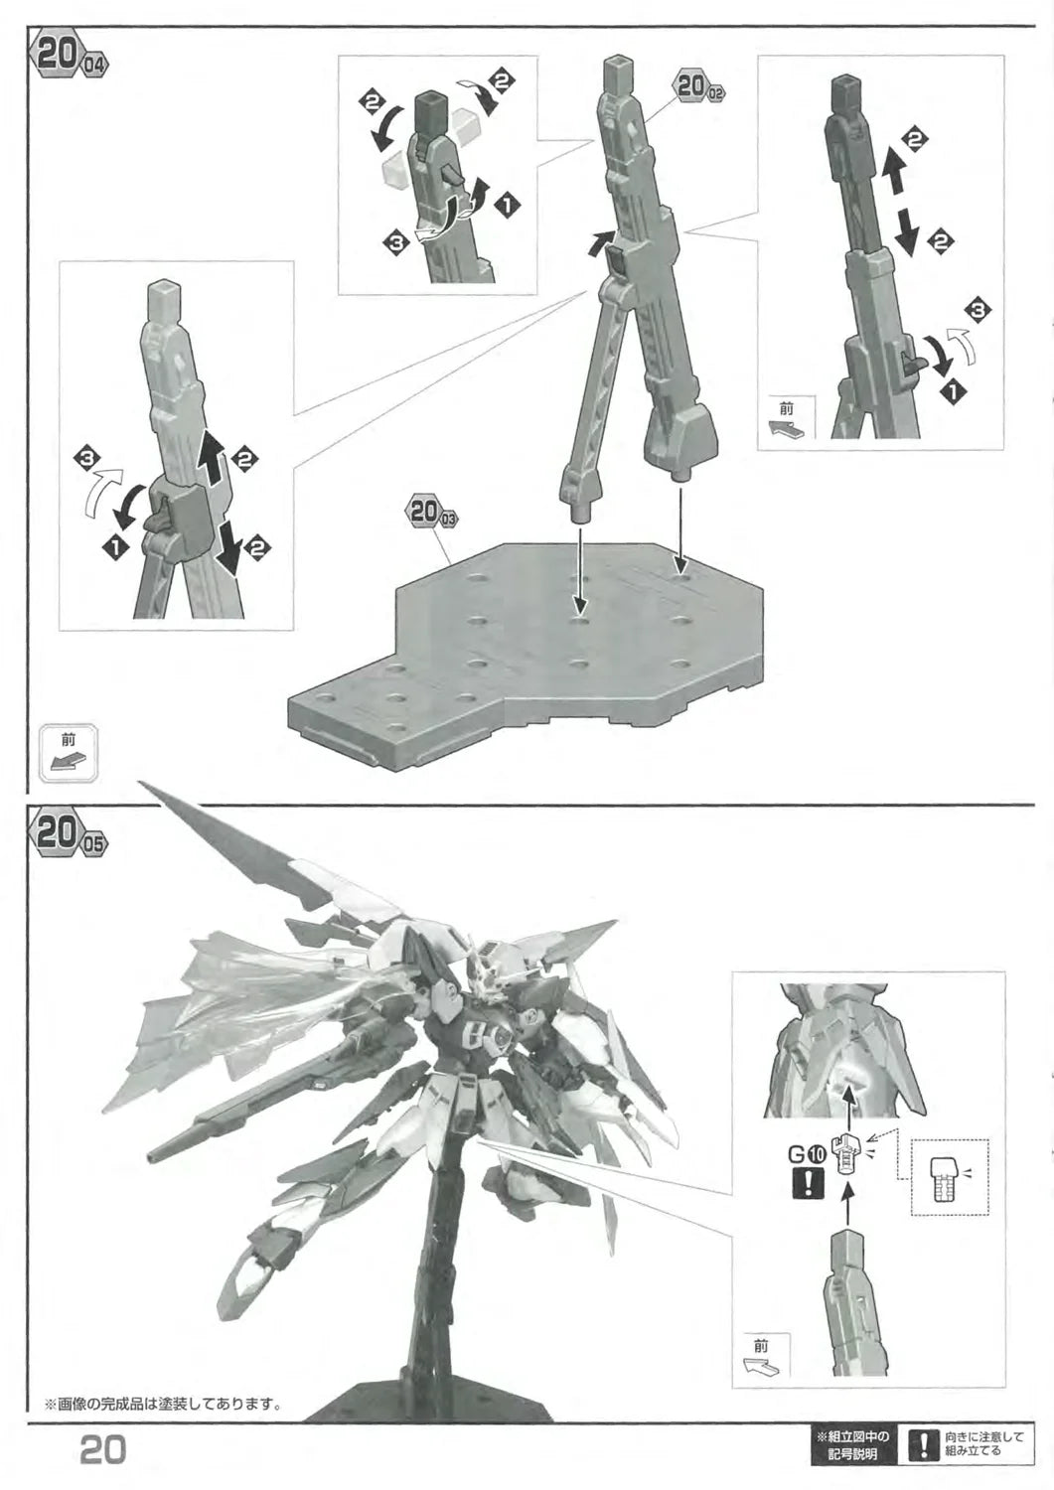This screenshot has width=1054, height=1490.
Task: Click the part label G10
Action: click(x=807, y=1154)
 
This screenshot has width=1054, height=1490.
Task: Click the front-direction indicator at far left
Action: click(x=69, y=752)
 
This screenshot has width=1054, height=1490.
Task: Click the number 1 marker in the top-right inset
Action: click(x=955, y=392)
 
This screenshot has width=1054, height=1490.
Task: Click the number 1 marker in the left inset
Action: click(x=113, y=547)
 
